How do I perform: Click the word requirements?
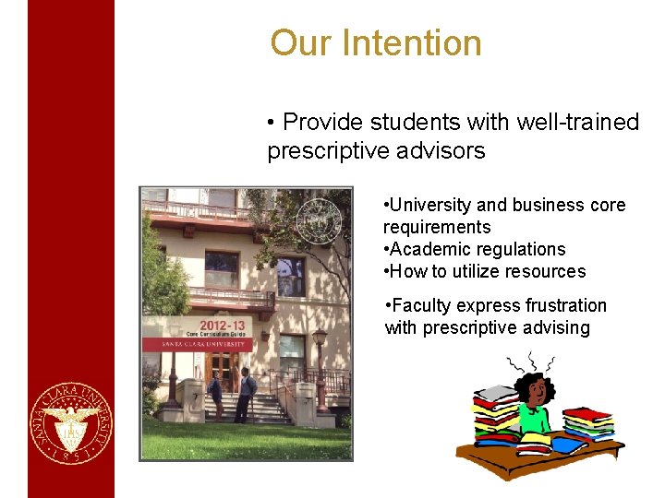(437, 227)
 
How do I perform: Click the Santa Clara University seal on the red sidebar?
(71, 423)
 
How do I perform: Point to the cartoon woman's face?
(532, 393)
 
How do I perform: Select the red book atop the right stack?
(588, 414)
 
